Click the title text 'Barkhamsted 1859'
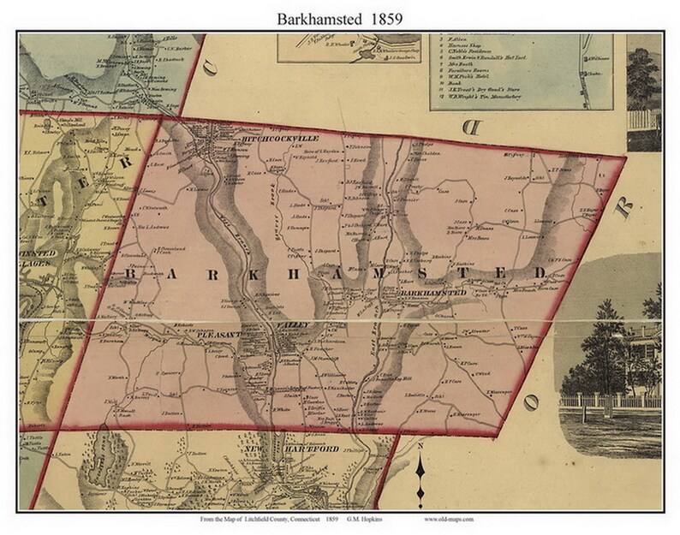(x=339, y=15)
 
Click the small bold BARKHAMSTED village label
(x=432, y=294)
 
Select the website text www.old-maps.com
(x=446, y=520)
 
